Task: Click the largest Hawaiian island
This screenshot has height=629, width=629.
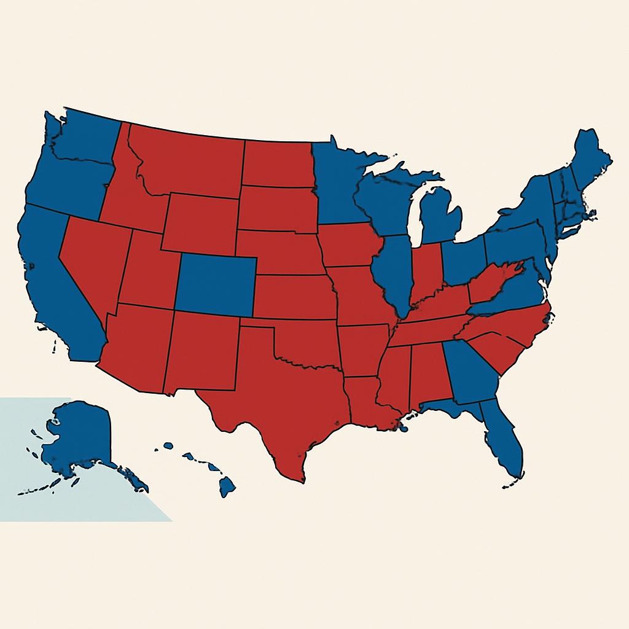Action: click(x=227, y=487)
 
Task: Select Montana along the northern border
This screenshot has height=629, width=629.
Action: click(x=190, y=160)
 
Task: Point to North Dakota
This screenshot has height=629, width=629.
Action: click(x=276, y=163)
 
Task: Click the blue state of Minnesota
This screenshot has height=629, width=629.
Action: click(x=338, y=184)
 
